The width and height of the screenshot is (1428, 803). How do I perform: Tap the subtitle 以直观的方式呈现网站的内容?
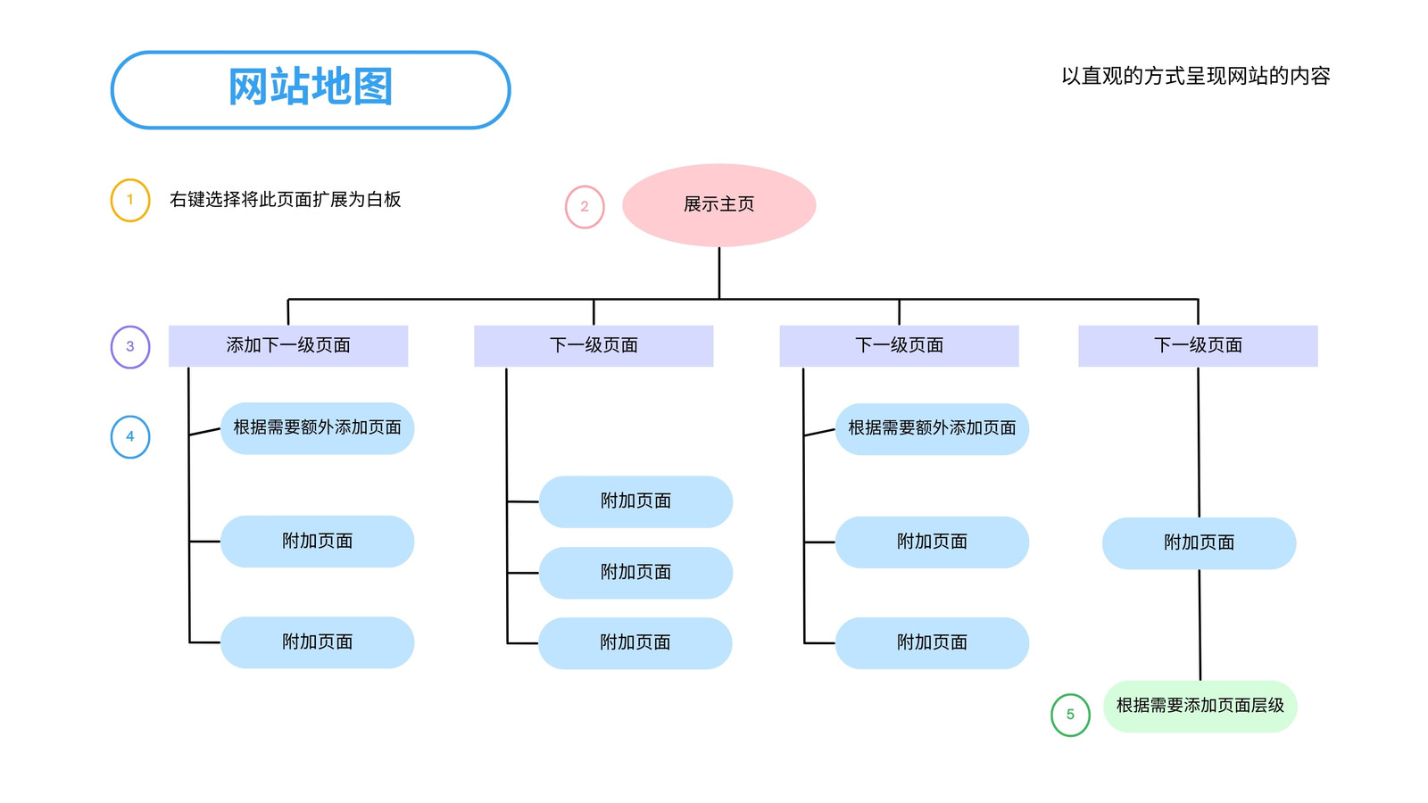coord(1195,77)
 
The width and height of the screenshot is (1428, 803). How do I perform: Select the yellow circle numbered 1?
coord(130,200)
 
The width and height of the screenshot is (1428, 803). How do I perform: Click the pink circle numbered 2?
coord(585,207)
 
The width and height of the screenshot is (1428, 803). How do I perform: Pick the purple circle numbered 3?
coord(130,347)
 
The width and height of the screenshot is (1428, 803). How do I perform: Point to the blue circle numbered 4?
coord(130,437)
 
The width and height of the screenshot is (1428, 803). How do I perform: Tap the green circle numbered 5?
coord(1070,715)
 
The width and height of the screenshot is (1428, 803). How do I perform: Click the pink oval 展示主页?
coord(719,205)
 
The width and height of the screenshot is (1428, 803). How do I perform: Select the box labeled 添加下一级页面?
coord(288,346)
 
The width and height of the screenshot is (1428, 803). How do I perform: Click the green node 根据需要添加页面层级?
coord(1200,706)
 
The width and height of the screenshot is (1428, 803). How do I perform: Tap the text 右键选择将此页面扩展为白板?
coord(285,200)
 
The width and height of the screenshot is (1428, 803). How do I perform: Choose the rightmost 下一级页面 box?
coord(1198,346)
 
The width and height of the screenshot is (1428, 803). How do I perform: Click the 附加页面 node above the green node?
coord(1200,543)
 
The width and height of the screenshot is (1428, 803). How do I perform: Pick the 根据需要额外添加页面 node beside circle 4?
coord(318,428)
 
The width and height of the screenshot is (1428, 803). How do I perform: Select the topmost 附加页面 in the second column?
coord(635,501)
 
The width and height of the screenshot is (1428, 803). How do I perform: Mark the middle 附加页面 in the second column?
coord(635,573)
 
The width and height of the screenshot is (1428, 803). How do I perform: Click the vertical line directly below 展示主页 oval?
coord(719,273)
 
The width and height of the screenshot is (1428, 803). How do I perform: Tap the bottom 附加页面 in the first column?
coord(318,642)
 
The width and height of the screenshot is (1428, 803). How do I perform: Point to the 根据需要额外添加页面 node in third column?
coord(932,429)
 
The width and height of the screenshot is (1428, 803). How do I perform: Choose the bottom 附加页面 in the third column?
coord(932,643)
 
